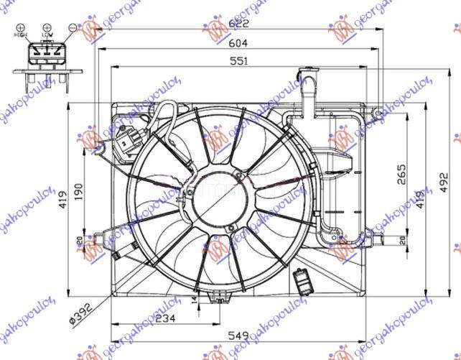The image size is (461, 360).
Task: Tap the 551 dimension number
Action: (238, 62)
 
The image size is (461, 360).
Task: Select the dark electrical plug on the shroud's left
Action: (129, 141)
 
